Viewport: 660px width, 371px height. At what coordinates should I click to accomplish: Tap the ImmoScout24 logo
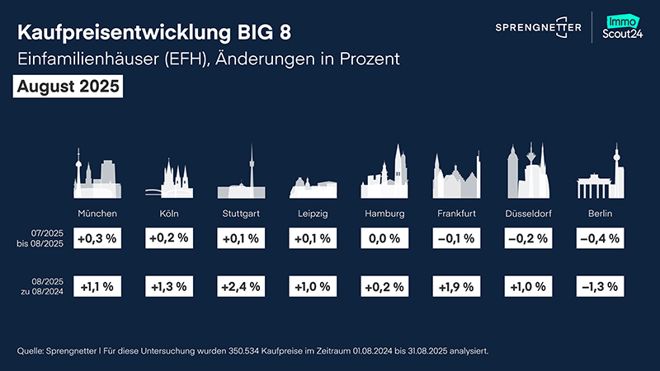tap(625, 30)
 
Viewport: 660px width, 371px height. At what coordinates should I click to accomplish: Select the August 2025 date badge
tap(68, 86)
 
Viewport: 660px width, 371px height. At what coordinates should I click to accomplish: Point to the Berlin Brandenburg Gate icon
tap(600, 176)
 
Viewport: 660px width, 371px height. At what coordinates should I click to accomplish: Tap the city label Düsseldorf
tap(528, 214)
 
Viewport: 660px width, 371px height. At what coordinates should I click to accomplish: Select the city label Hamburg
tap(384, 214)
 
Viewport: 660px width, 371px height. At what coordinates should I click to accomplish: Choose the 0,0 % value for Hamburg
tap(384, 239)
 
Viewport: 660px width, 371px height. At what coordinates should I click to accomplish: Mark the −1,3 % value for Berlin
tap(600, 287)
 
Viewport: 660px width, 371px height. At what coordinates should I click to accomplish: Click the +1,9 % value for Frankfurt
tap(456, 287)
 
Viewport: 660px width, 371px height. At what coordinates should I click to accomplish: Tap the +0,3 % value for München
tap(97, 239)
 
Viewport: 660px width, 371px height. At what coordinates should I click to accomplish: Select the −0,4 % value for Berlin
tap(600, 239)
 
